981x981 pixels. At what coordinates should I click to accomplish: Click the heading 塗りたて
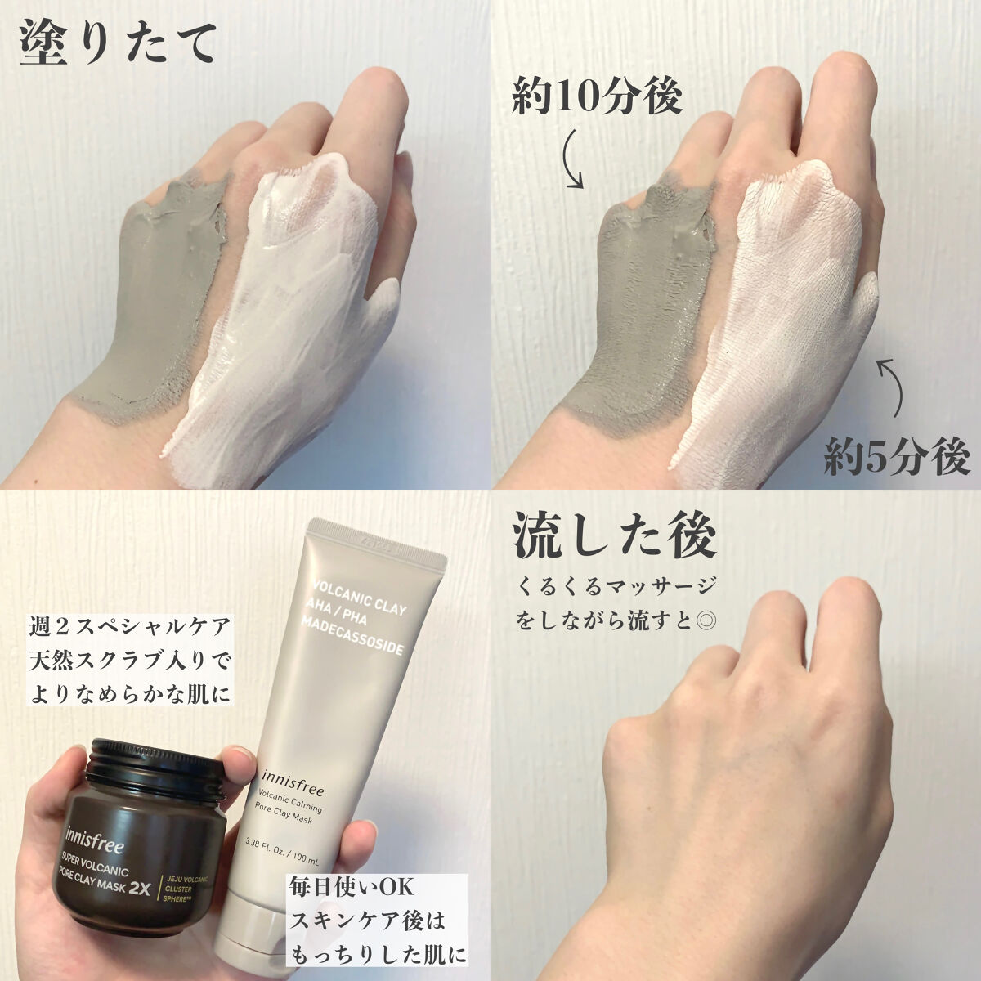point(119,41)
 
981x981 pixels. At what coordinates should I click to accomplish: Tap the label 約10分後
point(597,98)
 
